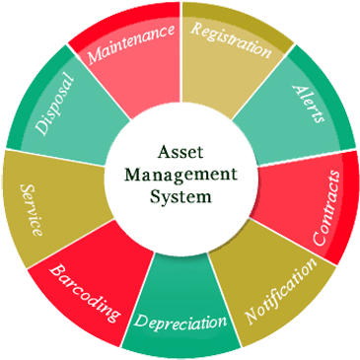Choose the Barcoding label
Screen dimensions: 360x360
point(85,293)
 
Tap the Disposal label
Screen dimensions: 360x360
point(53,102)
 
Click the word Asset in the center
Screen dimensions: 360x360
point(180,153)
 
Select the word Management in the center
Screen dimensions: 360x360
point(180,175)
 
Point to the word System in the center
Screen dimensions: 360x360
point(180,195)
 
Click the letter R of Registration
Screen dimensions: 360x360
point(194,29)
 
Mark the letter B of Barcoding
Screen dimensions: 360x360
point(56,269)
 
